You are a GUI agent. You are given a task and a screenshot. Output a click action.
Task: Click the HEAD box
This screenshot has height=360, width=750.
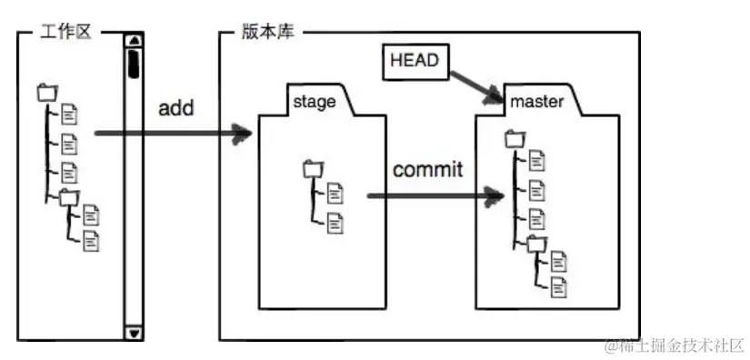tap(414, 61)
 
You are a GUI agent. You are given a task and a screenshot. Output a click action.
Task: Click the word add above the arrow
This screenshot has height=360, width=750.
tap(176, 108)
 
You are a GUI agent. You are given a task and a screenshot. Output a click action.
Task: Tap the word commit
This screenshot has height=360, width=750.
tap(427, 169)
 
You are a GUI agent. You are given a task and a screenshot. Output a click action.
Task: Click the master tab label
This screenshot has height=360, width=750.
tap(536, 101)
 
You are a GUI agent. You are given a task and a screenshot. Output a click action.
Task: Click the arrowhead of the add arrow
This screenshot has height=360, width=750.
tap(243, 135)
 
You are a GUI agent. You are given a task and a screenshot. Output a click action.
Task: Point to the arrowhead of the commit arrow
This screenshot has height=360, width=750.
tap(495, 195)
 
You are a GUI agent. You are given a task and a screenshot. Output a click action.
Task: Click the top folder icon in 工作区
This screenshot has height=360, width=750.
tap(46, 92)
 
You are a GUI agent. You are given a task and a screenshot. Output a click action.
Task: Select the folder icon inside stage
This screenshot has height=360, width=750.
tap(312, 167)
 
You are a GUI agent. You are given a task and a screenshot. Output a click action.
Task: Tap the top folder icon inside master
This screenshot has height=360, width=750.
tap(515, 138)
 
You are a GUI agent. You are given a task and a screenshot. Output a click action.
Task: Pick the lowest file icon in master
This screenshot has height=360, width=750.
tap(558, 287)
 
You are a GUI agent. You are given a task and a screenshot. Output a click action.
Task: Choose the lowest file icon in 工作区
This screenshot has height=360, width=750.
tap(91, 241)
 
